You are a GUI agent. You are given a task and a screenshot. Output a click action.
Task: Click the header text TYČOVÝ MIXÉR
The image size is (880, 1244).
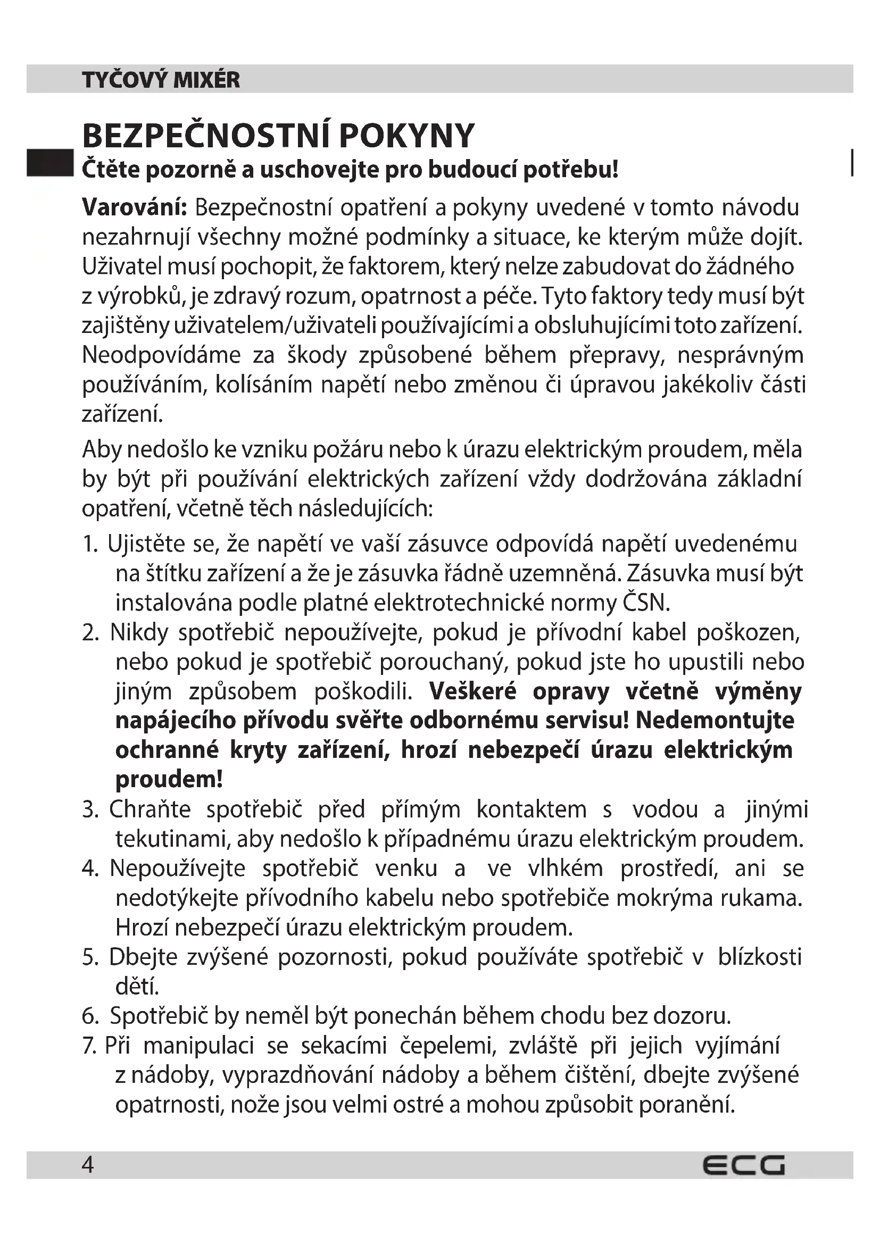(x=161, y=80)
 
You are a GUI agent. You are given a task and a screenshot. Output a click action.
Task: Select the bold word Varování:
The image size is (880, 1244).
(x=135, y=207)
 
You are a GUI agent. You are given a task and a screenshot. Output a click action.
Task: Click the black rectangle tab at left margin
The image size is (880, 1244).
(x=49, y=163)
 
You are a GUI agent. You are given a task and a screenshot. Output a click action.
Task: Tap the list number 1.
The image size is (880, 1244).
(x=89, y=544)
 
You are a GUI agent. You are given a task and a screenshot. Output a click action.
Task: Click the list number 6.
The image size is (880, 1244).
(x=90, y=1016)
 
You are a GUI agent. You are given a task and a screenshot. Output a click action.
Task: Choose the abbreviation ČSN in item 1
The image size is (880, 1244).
(x=646, y=603)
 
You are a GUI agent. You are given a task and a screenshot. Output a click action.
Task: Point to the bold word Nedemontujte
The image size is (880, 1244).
(x=715, y=721)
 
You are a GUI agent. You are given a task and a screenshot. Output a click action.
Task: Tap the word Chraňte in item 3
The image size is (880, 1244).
(x=150, y=809)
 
